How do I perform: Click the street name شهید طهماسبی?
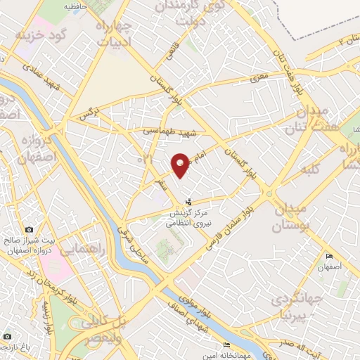pos(168,131)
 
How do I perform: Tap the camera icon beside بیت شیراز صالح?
pos(29,230)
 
